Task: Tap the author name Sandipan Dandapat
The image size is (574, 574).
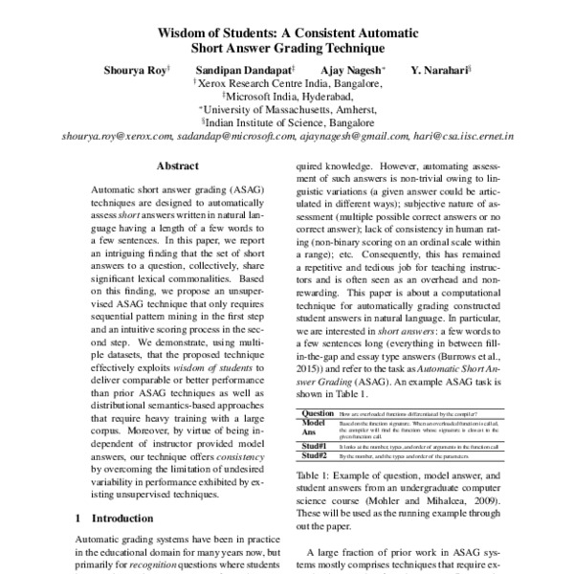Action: point(246,70)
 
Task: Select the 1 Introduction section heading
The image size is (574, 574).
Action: point(114,519)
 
